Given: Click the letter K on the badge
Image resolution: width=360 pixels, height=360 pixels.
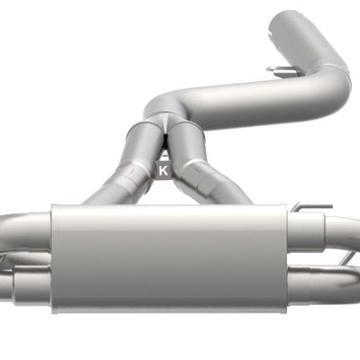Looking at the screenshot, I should tap(163, 168).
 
